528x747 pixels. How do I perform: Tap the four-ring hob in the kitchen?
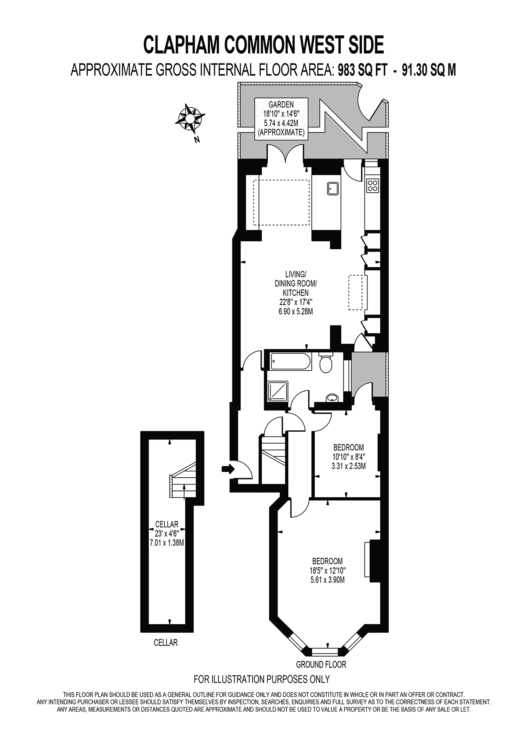373,185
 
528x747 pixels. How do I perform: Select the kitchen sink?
333,188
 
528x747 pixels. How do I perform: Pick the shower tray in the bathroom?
278,391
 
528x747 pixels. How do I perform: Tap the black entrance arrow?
228,469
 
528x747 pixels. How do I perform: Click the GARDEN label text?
281,104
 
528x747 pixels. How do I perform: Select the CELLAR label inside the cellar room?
166,525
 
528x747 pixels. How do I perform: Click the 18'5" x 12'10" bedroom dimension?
327,570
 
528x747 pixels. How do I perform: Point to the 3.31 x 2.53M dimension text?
348,466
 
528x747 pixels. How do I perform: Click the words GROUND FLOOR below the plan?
321,664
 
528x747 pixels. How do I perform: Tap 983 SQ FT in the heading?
362,69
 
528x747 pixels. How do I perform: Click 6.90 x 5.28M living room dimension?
296,311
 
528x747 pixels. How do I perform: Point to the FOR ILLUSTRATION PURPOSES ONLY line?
261,679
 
